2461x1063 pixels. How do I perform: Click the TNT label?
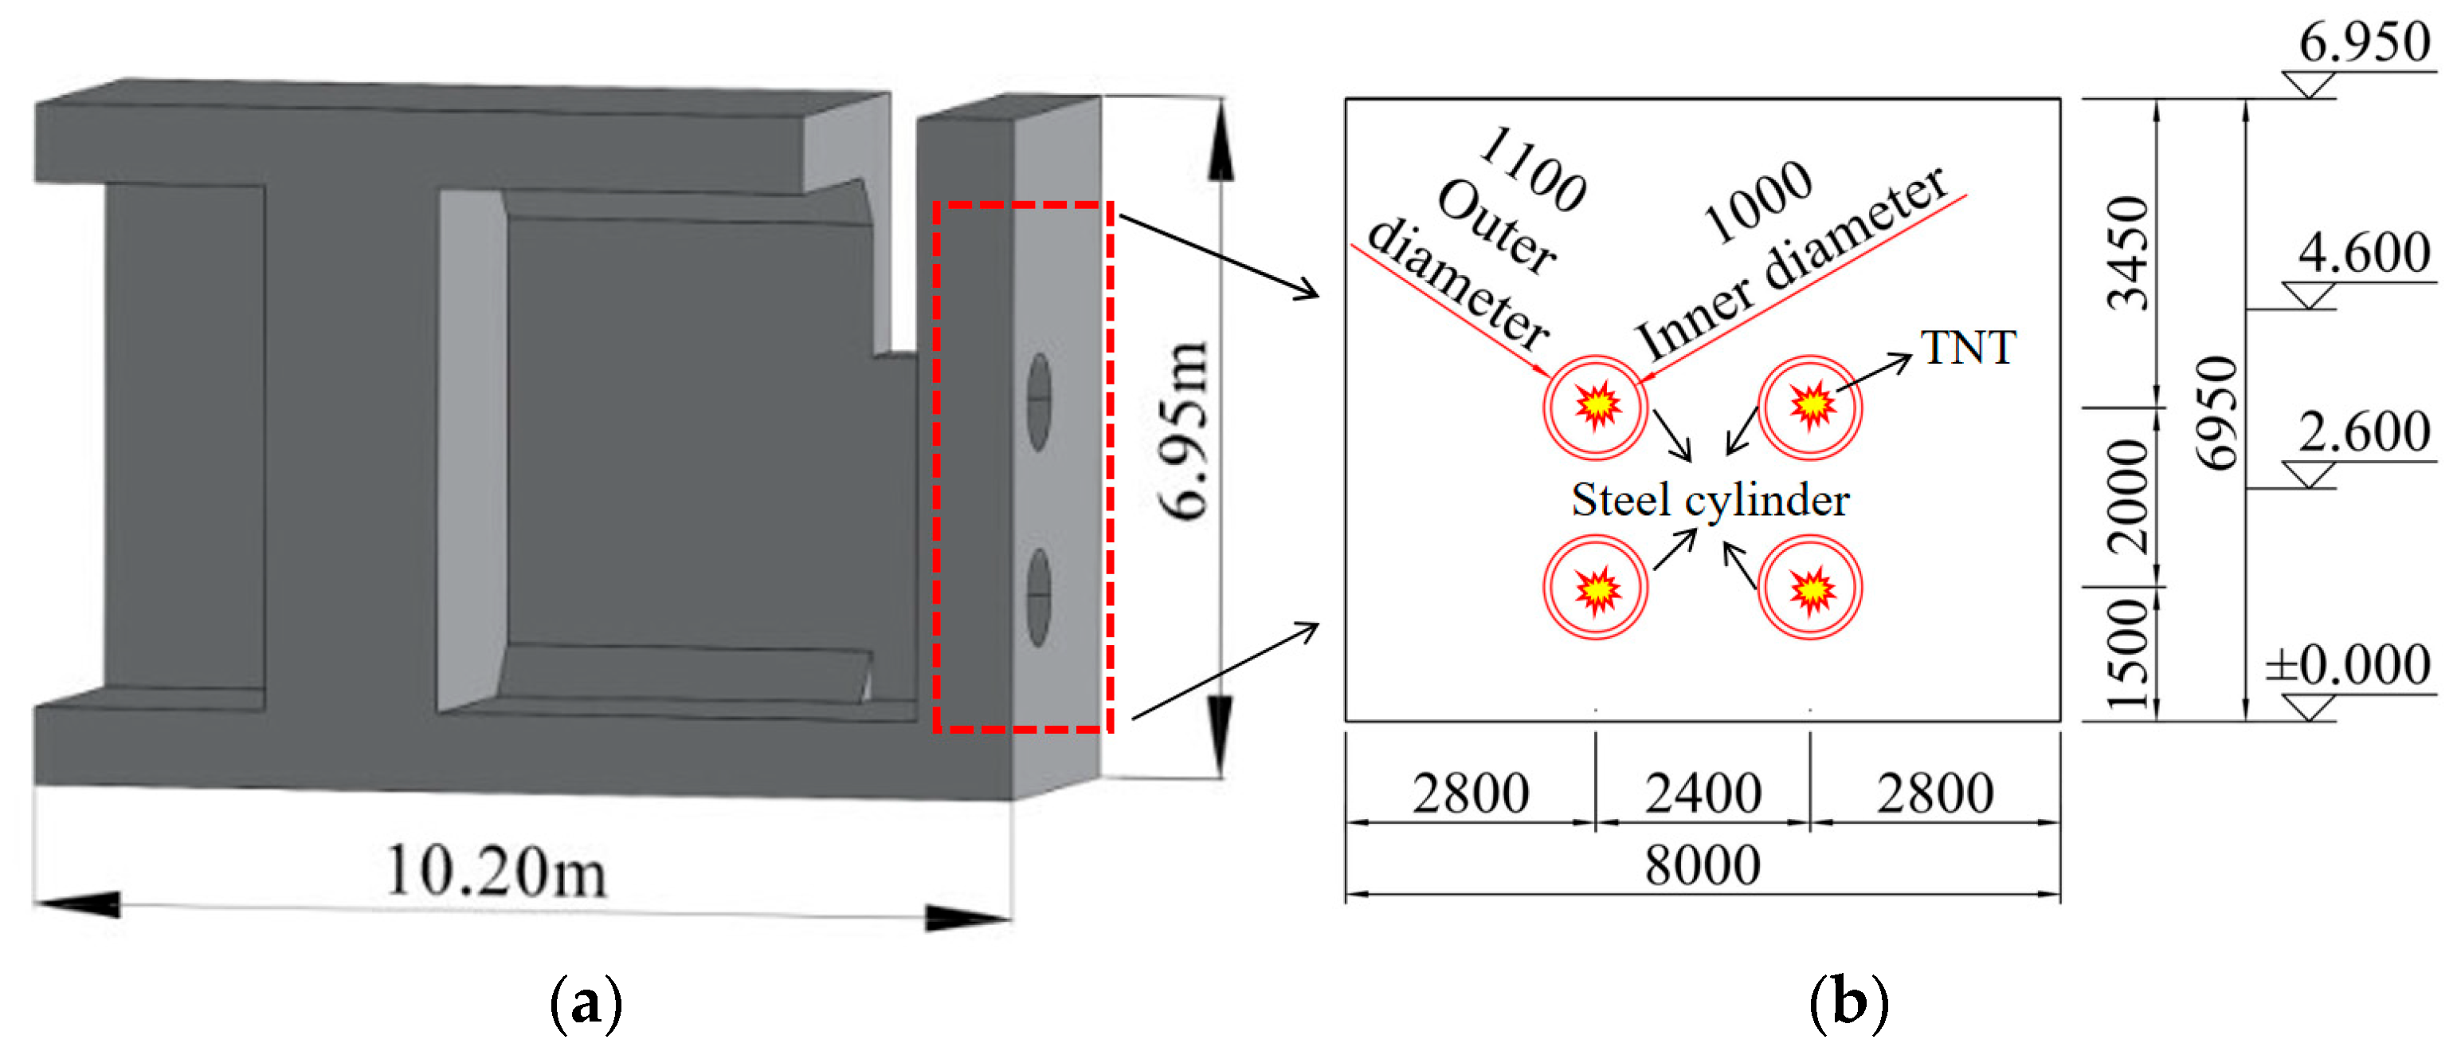1968,348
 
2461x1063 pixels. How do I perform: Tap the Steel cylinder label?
1710,500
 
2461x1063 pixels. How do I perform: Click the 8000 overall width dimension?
1703,866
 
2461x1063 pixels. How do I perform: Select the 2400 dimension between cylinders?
1703,794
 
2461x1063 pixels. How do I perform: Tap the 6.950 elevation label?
2364,43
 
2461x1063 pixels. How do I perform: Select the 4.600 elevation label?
2364,254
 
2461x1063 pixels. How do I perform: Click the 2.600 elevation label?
2364,433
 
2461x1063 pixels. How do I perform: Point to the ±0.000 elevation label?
2349,665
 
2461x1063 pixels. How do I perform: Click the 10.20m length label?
496,872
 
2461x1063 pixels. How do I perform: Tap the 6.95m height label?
1185,430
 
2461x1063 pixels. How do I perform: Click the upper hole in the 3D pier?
1040,401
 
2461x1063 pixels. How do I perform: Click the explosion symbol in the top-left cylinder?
1597,405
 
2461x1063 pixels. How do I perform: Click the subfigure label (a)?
586,1004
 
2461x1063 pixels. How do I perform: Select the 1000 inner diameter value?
1758,203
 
